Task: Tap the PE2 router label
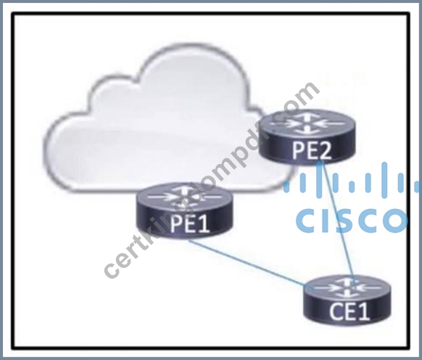tap(312, 150)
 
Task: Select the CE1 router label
tap(349, 311)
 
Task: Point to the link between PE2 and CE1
tap(337, 221)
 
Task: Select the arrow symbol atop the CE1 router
tap(347, 288)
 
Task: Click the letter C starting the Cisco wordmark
tap(306, 221)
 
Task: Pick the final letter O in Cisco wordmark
tap(396, 221)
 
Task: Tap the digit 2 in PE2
tap(325, 150)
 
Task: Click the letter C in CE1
tap(336, 311)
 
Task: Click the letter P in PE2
tap(298, 150)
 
